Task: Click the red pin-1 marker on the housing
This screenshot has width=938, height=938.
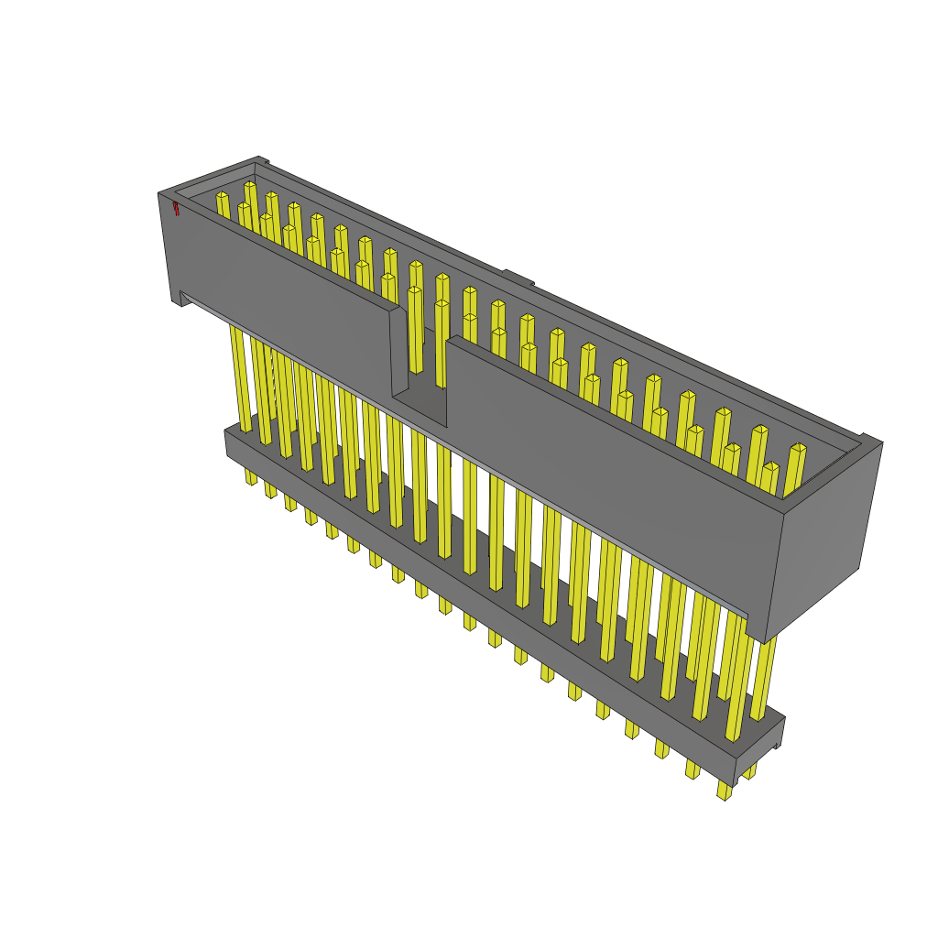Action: [175, 208]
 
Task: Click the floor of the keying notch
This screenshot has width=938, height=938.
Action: [420, 408]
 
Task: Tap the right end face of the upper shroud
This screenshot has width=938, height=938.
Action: [822, 540]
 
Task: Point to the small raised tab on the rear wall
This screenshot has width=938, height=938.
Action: [518, 277]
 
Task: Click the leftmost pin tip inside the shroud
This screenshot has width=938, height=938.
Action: [222, 196]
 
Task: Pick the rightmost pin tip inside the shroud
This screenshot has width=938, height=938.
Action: [798, 449]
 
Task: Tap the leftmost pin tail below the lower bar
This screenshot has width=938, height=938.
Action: [250, 476]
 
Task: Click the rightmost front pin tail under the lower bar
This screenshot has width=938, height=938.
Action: [725, 790]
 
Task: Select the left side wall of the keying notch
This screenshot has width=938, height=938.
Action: [398, 353]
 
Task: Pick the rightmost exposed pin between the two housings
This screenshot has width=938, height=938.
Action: [763, 678]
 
